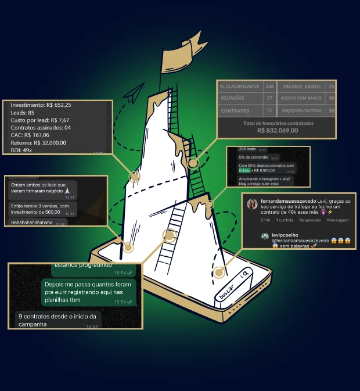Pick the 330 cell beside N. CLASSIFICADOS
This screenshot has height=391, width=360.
coord(269,86)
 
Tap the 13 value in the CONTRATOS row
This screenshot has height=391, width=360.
coord(269,110)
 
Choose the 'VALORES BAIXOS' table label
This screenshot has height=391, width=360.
coord(301,86)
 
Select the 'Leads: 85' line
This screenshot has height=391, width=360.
coord(23,113)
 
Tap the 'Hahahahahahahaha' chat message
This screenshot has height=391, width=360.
coord(31,223)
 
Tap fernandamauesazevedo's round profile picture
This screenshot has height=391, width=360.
coord(253,204)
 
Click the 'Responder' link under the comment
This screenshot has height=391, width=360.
coord(309,220)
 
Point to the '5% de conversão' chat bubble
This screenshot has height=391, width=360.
coord(251,157)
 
